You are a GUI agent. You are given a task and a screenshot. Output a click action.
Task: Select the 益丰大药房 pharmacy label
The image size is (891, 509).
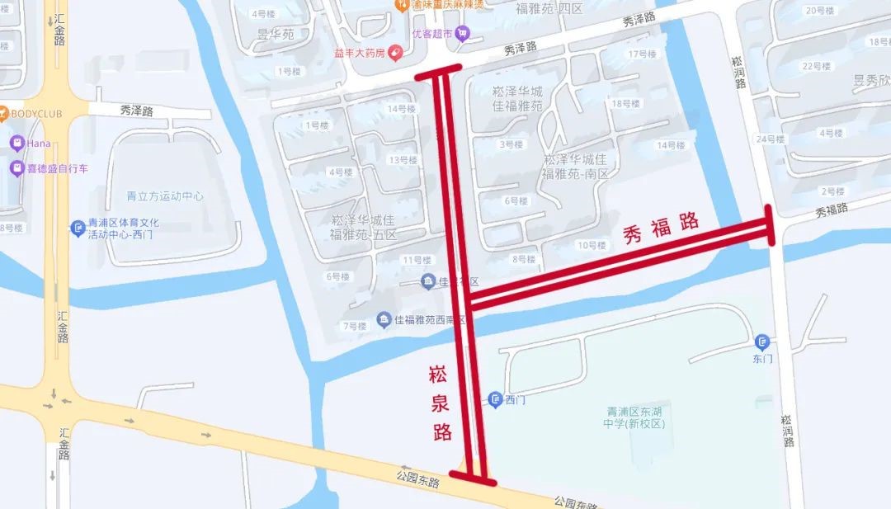pos(361,53)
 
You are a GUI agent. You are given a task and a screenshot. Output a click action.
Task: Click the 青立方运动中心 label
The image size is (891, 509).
pos(165,196)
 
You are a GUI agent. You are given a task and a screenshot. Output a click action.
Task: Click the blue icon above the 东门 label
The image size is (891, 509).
pos(761,341)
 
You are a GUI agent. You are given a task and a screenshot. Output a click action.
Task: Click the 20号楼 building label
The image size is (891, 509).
pos(820,11)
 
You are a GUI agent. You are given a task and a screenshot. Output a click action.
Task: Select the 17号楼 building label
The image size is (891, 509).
pos(642,54)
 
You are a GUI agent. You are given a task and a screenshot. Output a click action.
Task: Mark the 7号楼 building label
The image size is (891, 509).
pos(354,327)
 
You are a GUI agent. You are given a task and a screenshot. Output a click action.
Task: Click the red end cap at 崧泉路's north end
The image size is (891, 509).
pos(437,74)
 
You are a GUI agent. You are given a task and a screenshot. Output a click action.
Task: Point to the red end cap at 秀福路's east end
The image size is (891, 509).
pos(771,225)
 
